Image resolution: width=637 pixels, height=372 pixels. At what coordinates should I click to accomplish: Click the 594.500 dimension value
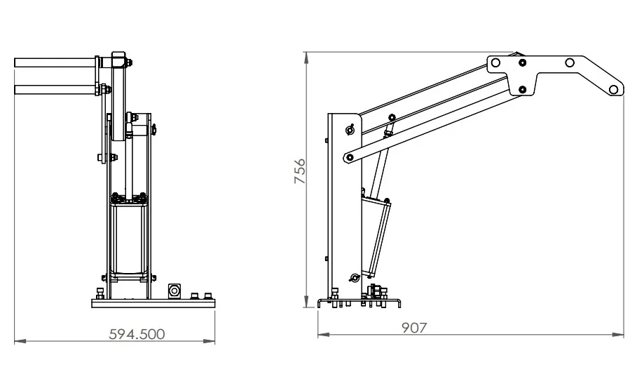137,334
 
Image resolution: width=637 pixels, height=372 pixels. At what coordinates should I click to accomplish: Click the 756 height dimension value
300,171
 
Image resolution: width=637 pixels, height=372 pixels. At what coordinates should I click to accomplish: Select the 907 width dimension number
414,328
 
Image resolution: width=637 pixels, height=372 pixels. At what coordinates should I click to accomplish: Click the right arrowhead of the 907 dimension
618,335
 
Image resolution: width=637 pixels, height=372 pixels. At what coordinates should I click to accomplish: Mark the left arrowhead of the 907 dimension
323,335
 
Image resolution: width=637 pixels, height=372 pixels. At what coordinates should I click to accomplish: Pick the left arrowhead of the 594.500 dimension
20,340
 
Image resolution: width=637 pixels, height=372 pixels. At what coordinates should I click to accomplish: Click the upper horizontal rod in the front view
55,63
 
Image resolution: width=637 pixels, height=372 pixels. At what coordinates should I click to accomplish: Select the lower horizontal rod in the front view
55,90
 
